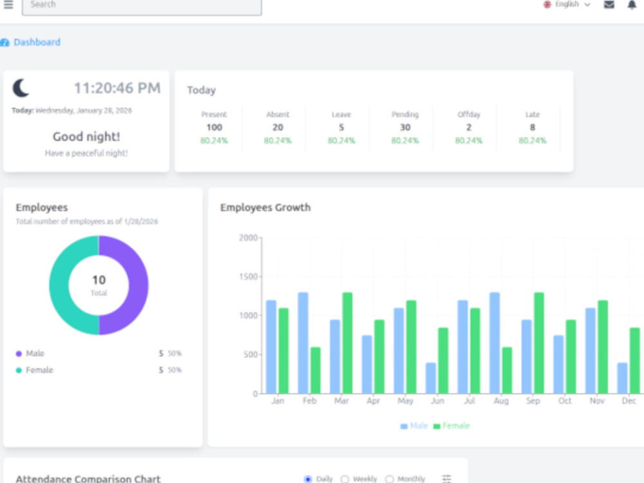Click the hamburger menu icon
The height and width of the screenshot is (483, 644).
8,5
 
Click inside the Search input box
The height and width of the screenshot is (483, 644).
142,6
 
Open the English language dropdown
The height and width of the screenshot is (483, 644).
567,5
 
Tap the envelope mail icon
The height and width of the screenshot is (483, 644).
609,5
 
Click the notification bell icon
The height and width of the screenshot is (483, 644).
632,5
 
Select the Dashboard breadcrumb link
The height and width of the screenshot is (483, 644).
37,43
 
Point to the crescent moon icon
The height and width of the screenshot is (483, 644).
21,88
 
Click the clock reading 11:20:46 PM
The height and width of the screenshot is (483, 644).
117,88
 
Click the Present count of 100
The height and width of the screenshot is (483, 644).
214,128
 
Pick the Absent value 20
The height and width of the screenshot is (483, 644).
278,128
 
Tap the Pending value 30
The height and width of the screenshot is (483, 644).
405,128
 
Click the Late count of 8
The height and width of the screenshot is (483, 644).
533,128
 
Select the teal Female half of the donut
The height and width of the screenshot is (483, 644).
59,285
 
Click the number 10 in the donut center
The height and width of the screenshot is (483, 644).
99,280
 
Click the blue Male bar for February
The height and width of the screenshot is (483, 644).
303,343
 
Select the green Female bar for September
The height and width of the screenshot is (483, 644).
539,343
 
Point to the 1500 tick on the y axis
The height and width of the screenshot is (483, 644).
248,276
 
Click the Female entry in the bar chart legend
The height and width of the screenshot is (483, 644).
451,426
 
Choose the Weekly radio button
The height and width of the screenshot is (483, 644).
345,479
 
